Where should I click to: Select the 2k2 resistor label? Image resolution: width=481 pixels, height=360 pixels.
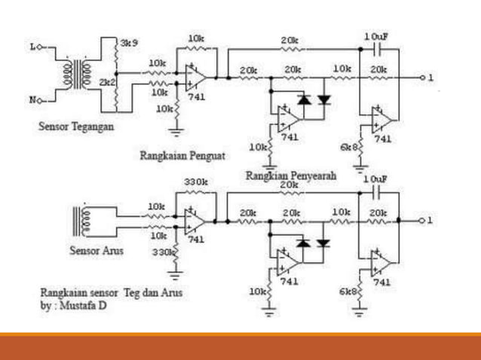click(x=108, y=79)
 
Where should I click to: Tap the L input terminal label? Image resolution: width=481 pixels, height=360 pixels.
click(x=33, y=47)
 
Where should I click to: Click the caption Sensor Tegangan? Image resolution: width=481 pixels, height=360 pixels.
click(x=76, y=127)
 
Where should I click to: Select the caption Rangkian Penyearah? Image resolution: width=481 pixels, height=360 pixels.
click(x=290, y=175)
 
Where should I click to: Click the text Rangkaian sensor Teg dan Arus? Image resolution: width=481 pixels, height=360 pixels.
click(x=111, y=292)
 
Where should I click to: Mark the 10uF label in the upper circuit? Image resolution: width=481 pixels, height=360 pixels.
click(x=375, y=37)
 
